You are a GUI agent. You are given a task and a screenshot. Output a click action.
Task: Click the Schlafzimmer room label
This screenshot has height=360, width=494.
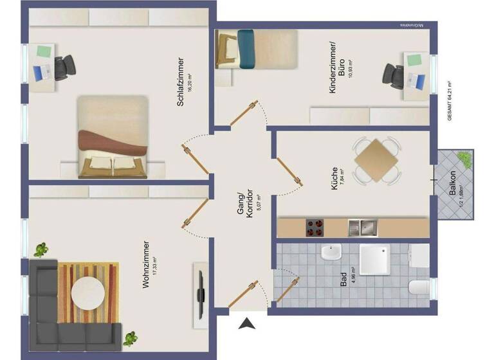tap(181, 81)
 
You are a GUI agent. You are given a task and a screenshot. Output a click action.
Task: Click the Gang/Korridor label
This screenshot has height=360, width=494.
tap(245, 206)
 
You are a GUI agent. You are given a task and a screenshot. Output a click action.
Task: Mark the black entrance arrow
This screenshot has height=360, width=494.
tap(247, 324)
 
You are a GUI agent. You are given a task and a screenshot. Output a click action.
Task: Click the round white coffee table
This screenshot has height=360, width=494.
tap(89, 293)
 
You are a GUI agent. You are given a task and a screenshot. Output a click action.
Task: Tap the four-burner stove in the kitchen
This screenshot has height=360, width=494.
tap(315, 228)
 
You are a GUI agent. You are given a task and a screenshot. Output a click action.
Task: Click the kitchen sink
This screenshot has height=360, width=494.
tap(361, 227)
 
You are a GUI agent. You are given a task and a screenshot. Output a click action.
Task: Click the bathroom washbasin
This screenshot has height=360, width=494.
tap(330, 253)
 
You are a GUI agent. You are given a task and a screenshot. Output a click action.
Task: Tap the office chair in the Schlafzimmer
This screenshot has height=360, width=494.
tap(64, 67)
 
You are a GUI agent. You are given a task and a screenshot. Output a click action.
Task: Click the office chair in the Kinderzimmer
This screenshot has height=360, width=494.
tap(393, 73)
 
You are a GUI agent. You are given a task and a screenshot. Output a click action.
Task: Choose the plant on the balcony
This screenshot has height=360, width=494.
tap(462, 157)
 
